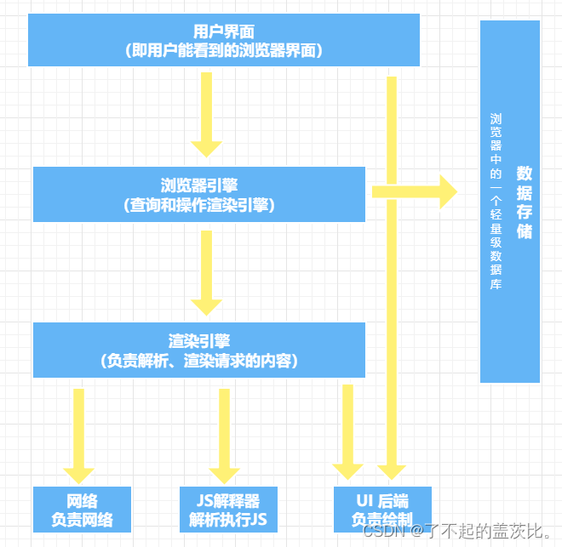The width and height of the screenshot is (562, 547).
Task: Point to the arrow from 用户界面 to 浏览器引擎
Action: (206, 115)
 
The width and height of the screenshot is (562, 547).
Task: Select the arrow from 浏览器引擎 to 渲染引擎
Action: (206, 272)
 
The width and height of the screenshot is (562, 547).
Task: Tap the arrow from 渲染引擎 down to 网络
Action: (79, 434)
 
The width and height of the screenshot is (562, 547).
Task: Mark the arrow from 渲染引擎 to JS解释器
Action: (225, 434)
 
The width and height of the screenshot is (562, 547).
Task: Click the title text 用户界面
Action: (223, 30)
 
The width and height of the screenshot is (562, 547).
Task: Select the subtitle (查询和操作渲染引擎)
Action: (199, 205)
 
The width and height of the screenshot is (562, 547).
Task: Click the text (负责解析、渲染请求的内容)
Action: (199, 361)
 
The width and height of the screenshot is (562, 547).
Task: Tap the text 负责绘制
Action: (382, 519)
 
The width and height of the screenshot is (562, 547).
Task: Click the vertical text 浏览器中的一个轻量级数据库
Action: (496, 202)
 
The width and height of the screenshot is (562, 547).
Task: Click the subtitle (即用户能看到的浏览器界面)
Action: (223, 51)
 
